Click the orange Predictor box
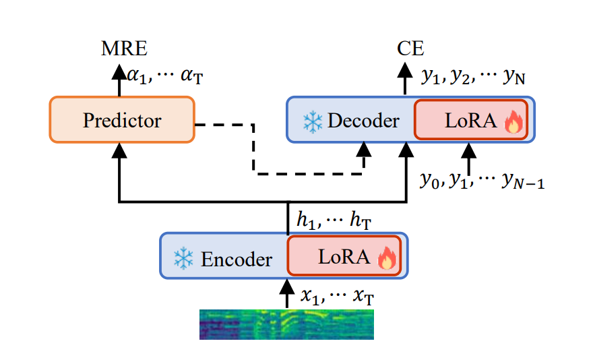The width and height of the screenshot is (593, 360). coord(122,120)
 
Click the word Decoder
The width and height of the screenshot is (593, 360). coord(364,121)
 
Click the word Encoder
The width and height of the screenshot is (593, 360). coord(236,259)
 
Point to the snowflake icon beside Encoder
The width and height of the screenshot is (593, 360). coord(183,258)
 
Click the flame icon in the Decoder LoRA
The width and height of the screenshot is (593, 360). coord(513,123)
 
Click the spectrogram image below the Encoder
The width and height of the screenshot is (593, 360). coord(286,324)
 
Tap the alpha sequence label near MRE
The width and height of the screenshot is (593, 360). coord(164,76)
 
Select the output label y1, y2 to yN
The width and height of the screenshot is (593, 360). coord(473,76)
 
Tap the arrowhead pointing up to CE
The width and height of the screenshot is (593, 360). coord(405,69)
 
